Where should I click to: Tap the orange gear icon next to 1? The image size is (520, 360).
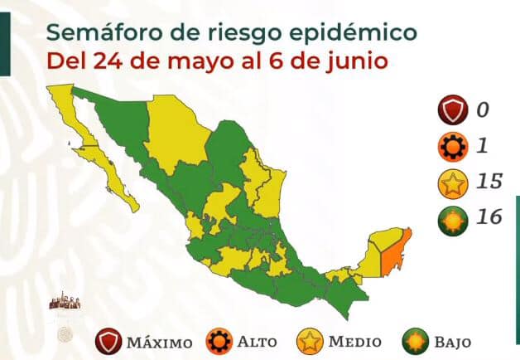coord(451,148)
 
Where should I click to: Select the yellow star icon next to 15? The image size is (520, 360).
coord(451,182)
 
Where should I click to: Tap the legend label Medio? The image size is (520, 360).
coord(354,341)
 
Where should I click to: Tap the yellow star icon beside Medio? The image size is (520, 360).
coord(310,340)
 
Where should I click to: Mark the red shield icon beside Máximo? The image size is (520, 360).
coord(108,340)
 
